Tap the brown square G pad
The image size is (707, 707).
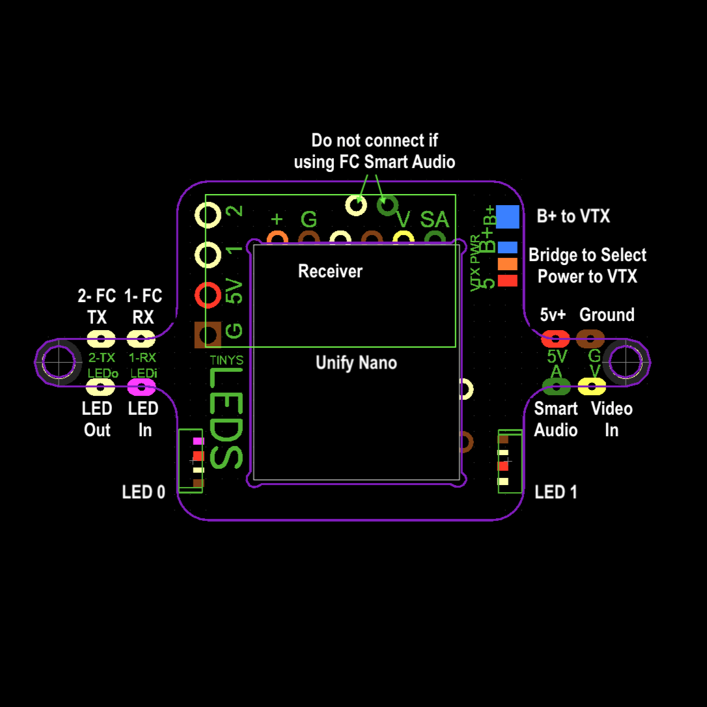[x=209, y=335]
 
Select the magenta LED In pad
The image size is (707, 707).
[x=141, y=388]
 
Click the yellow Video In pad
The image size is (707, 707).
[x=592, y=387]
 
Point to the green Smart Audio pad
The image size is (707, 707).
[x=556, y=387]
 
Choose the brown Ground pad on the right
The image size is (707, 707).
[x=590, y=339]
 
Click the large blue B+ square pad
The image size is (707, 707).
[x=508, y=217]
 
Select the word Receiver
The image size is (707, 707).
[x=330, y=271]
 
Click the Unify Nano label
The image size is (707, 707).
[x=356, y=362]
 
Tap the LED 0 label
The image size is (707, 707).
[x=143, y=492]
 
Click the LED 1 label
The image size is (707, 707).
[x=556, y=492]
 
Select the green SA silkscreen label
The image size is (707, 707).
[x=435, y=220]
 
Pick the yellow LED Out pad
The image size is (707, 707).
[x=101, y=388]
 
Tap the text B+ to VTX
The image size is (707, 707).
[x=573, y=216]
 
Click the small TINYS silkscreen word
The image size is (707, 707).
[x=227, y=360]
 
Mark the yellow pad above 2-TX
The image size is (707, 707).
[x=101, y=339]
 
